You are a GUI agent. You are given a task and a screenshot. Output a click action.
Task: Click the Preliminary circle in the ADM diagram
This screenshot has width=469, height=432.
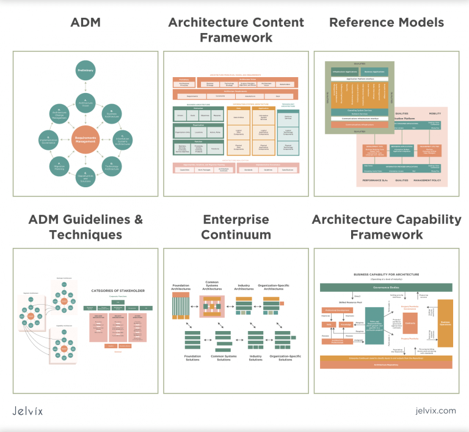pyautogui.click(x=85, y=70)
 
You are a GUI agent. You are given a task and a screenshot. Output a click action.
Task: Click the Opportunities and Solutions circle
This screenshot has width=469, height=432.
pyautogui.click(x=85, y=177)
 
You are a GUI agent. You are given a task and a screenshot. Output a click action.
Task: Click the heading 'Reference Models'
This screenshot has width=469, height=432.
pyautogui.click(x=387, y=23)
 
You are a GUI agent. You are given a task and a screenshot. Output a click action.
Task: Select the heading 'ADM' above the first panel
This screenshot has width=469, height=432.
pyautogui.click(x=85, y=23)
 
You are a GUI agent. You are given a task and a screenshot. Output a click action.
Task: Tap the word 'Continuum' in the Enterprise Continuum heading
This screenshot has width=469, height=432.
pyautogui.click(x=236, y=234)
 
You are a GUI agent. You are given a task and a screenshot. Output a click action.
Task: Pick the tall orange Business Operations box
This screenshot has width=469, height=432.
pyautogui.click(x=445, y=324)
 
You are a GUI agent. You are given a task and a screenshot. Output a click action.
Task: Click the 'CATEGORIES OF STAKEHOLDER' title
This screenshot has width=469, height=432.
pyautogui.click(x=118, y=291)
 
